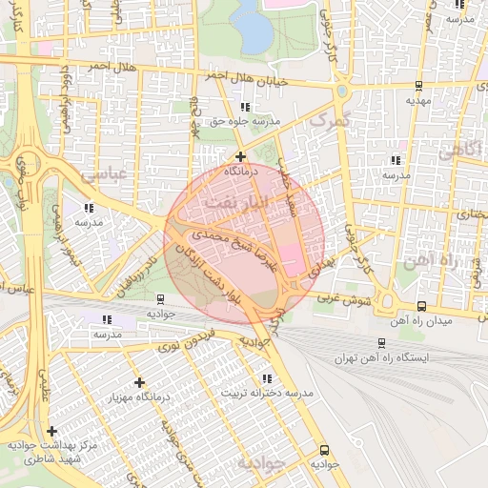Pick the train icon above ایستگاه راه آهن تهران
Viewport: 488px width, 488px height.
click(x=382, y=342)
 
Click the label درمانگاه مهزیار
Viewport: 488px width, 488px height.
click(x=141, y=396)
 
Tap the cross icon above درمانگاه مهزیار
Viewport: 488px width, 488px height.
click(x=140, y=381)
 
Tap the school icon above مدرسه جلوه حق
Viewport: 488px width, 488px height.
click(x=246, y=108)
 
